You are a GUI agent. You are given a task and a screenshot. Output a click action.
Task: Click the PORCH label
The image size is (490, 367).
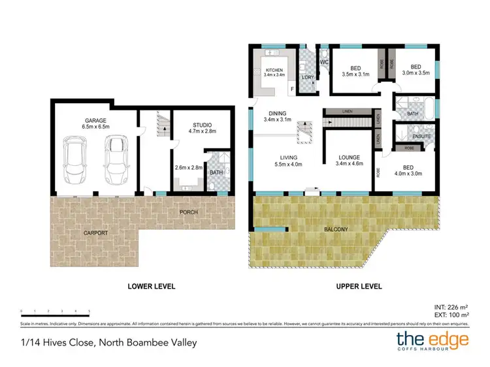pos(189,213)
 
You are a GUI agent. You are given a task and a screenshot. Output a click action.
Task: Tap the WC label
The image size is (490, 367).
pos(323,63)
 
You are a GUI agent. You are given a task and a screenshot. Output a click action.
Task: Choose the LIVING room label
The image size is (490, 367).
pos(288,157)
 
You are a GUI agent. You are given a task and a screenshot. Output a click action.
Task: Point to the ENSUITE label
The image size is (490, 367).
pos(422,136)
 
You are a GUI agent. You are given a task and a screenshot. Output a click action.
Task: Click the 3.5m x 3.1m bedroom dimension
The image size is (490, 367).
pos(355,74)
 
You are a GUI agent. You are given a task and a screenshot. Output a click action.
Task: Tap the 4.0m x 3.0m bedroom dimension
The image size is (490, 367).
pos(408,174)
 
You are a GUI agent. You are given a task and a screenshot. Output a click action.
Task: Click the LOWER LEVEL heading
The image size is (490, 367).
pos(152,286)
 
